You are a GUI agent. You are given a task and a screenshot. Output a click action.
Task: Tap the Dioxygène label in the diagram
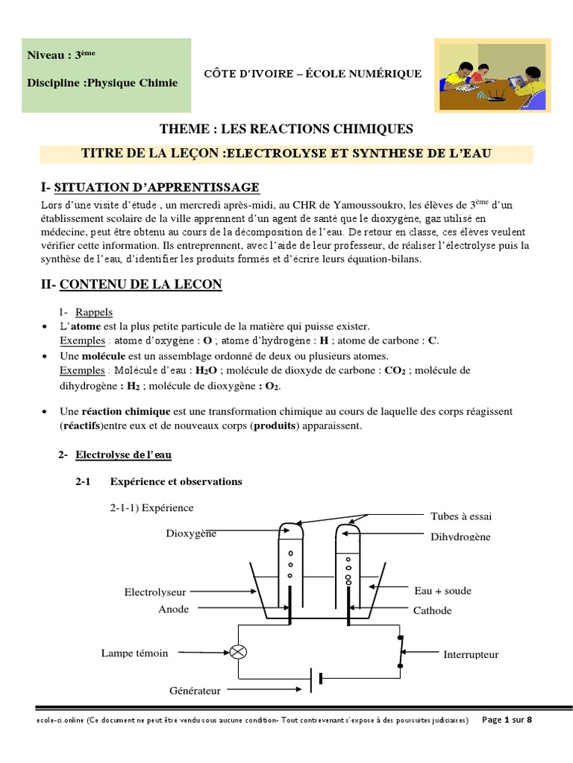pyautogui.click(x=191, y=534)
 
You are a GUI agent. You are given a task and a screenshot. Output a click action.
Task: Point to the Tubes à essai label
pyautogui.click(x=461, y=516)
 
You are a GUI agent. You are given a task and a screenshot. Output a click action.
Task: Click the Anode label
pyautogui.click(x=174, y=609)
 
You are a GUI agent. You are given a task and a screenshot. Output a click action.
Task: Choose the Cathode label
pyautogui.click(x=433, y=610)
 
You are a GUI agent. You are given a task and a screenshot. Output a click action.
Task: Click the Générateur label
pyautogui.click(x=195, y=691)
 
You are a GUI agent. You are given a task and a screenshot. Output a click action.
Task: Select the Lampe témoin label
pyautogui.click(x=135, y=653)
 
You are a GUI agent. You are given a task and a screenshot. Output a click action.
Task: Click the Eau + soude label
pyautogui.click(x=442, y=591)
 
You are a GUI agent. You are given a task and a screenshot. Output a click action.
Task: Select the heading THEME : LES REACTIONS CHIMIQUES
pyautogui.click(x=286, y=130)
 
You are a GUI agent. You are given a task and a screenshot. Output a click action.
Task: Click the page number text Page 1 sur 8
pyautogui.click(x=508, y=720)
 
